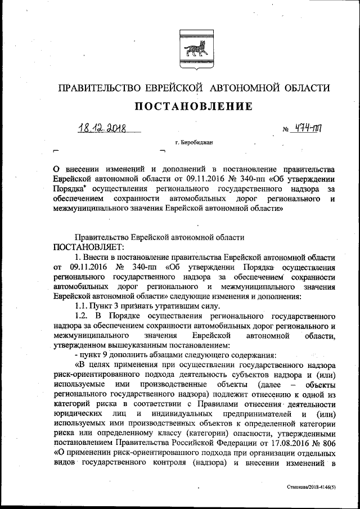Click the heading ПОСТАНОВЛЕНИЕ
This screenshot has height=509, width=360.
[x=192, y=107]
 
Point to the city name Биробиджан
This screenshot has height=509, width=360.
[x=196, y=143]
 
